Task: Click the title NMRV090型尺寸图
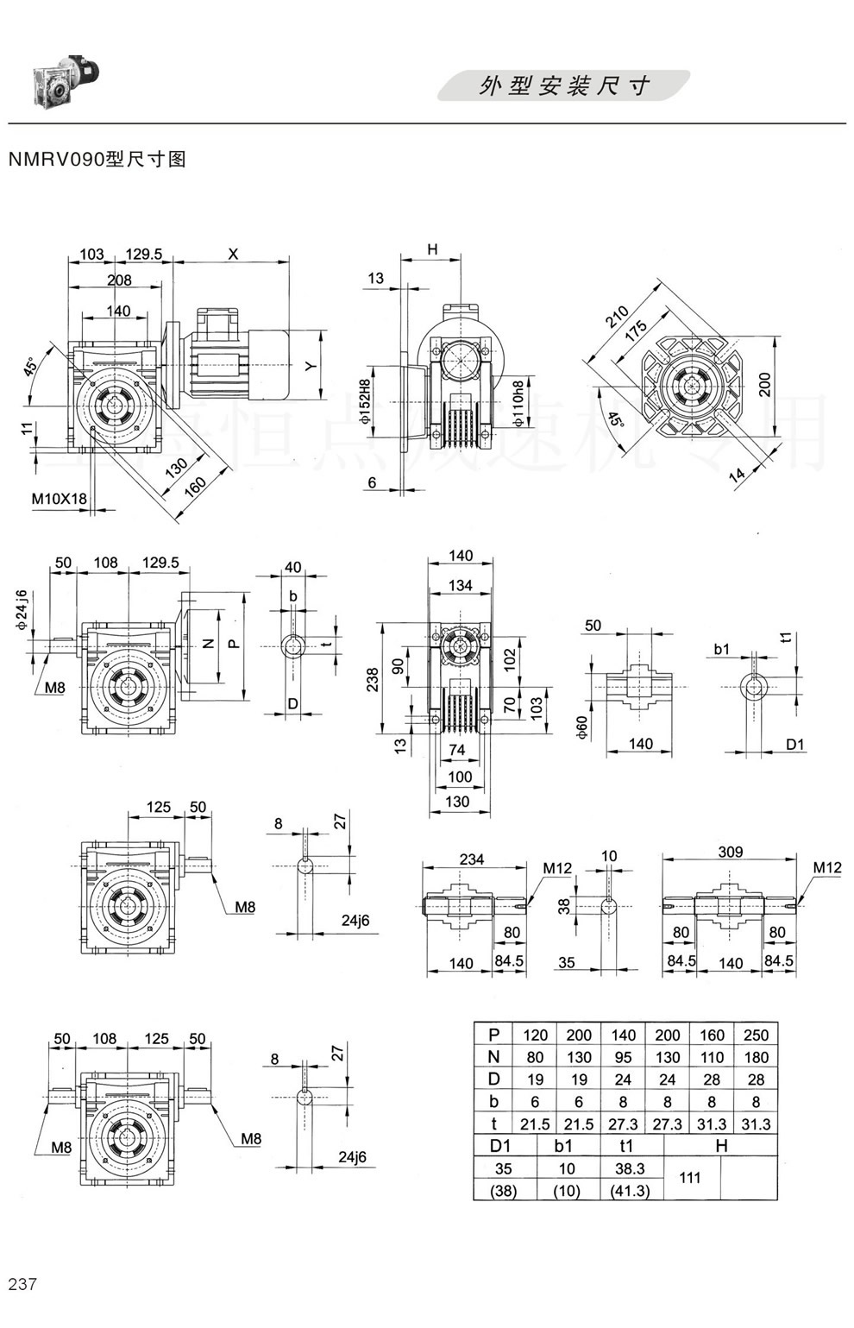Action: point(97,159)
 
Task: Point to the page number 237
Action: point(22,1284)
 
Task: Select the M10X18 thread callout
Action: point(59,499)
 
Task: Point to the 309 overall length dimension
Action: point(730,852)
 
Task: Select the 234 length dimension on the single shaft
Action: point(472,859)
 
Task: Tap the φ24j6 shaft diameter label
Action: point(22,611)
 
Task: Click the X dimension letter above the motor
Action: point(233,254)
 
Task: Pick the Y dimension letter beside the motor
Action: point(312,366)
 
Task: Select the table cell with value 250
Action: point(755,1035)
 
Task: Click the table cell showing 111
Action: point(690,1177)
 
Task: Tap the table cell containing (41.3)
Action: point(630,1191)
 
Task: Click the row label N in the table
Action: point(493,1057)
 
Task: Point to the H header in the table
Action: point(721,1146)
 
